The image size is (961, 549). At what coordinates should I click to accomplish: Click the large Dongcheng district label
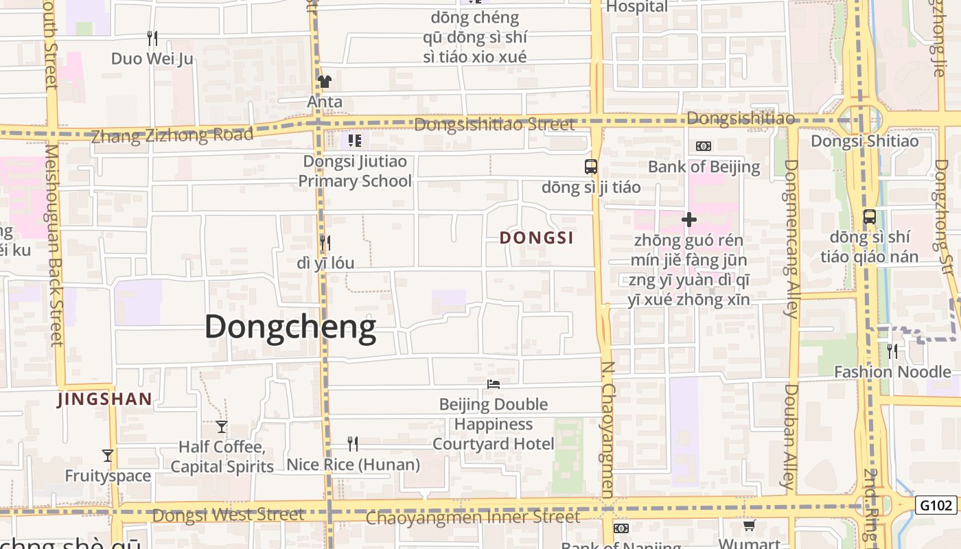click(x=290, y=327)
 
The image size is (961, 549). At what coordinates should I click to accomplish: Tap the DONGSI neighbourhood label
click(x=536, y=238)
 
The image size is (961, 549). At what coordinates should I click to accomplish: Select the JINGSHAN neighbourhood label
click(x=104, y=399)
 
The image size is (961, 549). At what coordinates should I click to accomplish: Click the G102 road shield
click(x=936, y=506)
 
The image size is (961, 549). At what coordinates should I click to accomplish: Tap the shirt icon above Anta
click(x=325, y=82)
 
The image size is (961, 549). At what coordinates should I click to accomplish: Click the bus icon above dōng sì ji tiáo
click(x=590, y=166)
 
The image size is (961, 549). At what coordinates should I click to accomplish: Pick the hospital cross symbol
click(x=688, y=220)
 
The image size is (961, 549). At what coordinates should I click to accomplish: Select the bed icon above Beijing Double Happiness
click(x=493, y=384)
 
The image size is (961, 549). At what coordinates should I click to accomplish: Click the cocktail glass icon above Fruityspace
click(x=108, y=455)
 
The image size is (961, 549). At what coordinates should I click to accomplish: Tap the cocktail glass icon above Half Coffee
click(x=221, y=426)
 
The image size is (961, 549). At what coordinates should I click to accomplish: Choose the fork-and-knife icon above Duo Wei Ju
click(x=152, y=38)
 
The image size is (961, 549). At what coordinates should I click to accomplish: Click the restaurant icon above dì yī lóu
click(x=325, y=242)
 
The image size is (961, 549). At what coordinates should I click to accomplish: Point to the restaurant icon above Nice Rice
click(x=352, y=444)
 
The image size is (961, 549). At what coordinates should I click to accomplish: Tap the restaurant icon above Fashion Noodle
click(x=892, y=351)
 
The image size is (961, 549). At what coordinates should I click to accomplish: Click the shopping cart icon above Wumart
click(x=749, y=526)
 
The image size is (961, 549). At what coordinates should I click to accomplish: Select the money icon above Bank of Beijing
click(x=704, y=146)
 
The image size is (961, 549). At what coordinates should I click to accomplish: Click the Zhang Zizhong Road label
click(x=172, y=135)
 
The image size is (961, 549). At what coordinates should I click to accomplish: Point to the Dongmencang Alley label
click(x=791, y=239)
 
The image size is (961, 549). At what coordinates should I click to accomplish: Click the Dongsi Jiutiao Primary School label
click(x=355, y=172)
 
